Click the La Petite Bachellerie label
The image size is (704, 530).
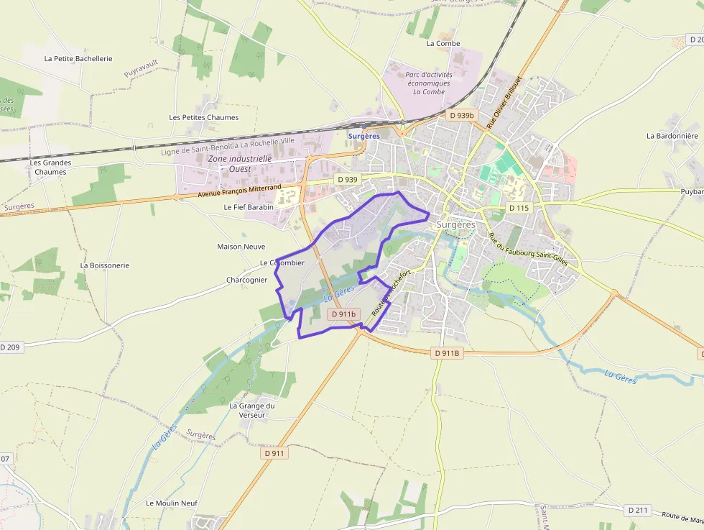pos(78,58)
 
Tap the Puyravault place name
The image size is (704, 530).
pos(141,70)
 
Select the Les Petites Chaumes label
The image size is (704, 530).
pos(203,117)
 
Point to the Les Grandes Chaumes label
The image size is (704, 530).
pos(50,167)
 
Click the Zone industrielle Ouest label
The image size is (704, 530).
pos(239,163)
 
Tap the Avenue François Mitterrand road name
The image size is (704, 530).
pos(239,191)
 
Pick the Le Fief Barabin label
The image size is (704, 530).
pos(249,206)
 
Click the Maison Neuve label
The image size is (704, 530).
pos(241,247)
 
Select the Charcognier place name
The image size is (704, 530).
pos(246,280)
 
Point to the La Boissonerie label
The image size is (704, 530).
pos(105,265)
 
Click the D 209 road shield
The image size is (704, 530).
pos(10,347)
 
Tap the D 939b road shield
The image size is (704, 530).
pos(460,115)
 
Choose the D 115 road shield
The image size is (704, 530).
pos(518,208)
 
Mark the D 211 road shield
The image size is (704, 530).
pos(637,510)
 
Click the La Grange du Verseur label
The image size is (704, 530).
pos(252,410)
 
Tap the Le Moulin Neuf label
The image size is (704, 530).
pos(172,503)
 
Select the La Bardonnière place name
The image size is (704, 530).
pos(672,135)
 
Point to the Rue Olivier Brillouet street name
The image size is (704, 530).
pos(502,101)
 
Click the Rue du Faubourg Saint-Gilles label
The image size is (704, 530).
pos(527,249)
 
